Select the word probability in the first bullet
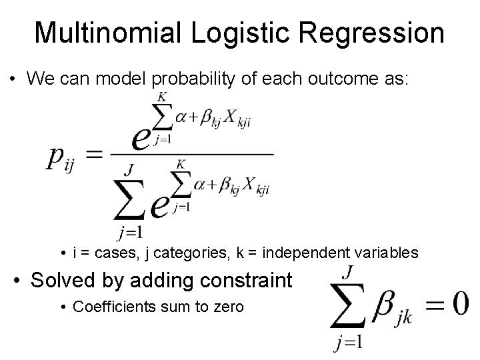pos(195,79)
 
